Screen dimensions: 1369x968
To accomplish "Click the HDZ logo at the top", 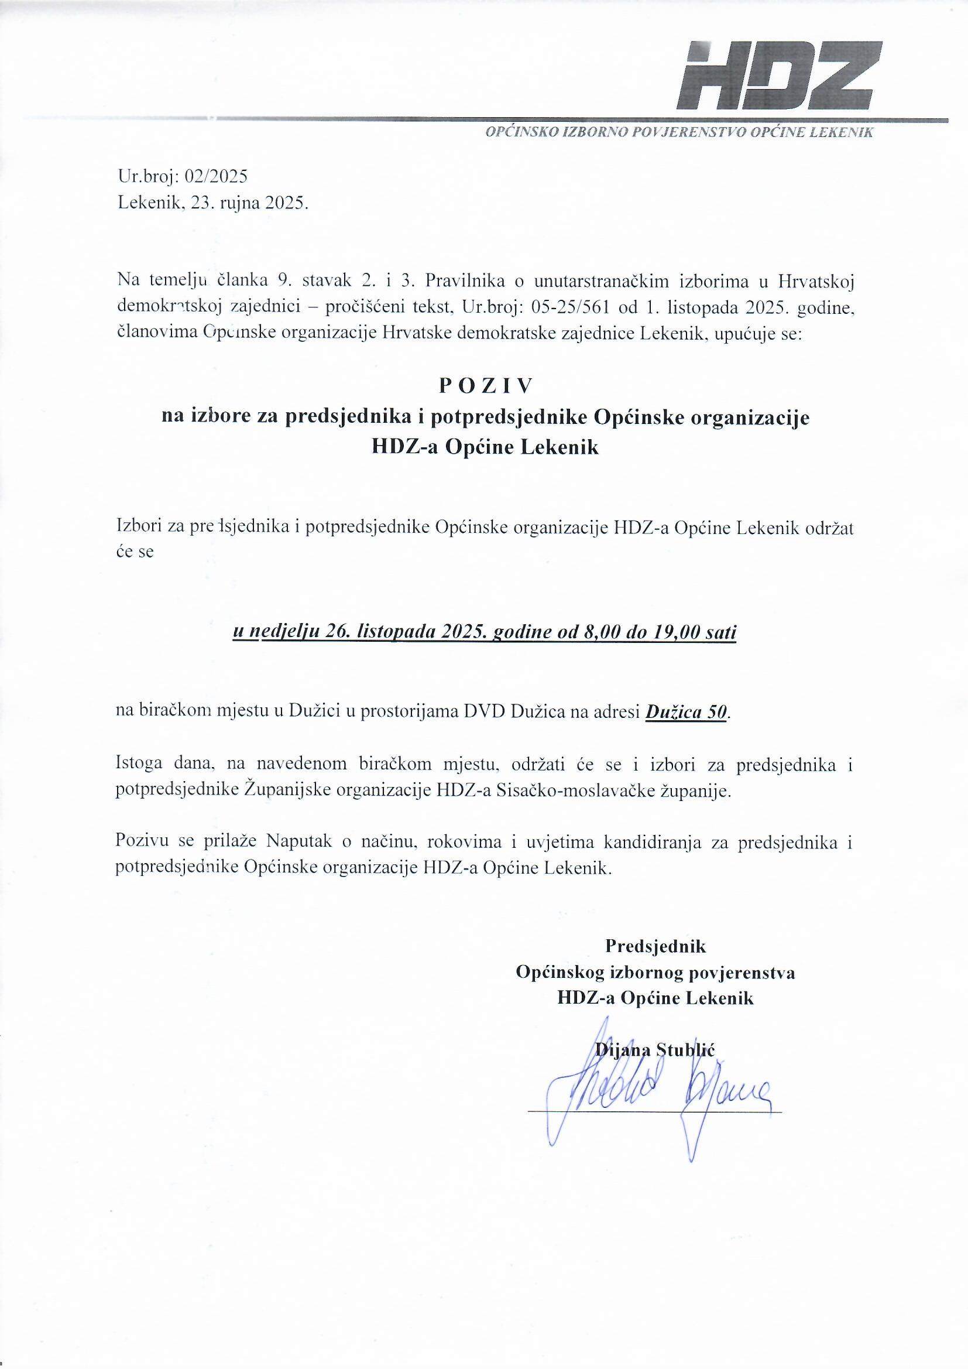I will [x=779, y=76].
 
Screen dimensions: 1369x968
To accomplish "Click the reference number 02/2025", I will [x=216, y=176].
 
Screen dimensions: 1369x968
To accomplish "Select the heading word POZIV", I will [x=484, y=386].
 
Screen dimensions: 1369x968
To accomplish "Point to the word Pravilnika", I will [x=465, y=280].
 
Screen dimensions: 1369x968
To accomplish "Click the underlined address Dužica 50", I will [x=686, y=712].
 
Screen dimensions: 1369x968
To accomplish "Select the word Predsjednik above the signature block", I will [x=655, y=946].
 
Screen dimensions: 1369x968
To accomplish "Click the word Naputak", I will [x=296, y=843].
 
